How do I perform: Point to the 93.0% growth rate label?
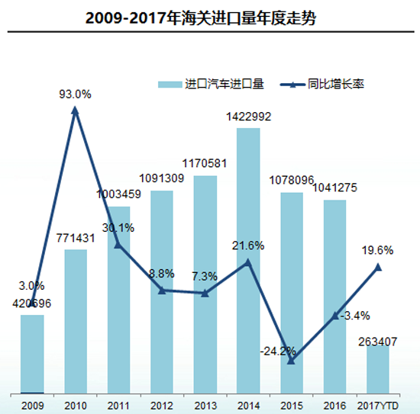(76, 95)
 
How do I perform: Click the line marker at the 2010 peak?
(75, 111)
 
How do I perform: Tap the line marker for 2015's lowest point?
(291, 360)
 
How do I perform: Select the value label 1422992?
(249, 117)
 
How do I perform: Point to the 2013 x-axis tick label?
(205, 405)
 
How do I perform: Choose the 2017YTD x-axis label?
(377, 405)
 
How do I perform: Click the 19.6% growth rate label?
(379, 249)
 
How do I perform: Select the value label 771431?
(75, 239)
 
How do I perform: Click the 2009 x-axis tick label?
(32, 405)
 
